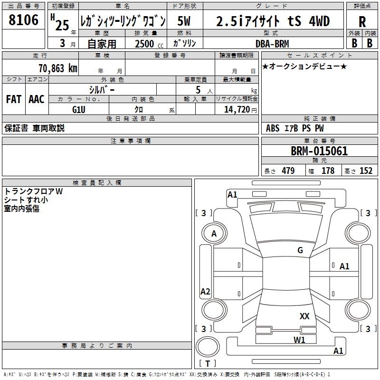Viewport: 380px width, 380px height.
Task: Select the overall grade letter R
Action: [362, 22]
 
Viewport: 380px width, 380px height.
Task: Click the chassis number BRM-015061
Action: [319, 152]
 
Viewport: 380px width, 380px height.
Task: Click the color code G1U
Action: [78, 109]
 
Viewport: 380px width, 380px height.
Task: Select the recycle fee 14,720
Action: [236, 110]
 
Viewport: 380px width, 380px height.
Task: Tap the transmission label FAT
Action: [14, 99]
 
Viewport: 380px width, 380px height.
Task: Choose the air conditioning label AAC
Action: [37, 99]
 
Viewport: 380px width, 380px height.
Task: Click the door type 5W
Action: [185, 21]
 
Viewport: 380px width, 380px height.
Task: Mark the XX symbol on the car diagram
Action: [304, 316]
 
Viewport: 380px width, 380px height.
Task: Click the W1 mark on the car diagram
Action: [299, 340]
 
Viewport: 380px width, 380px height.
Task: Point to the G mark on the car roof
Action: [300, 250]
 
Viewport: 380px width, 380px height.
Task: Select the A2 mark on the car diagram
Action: [205, 292]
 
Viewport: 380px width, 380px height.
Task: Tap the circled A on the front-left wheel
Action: [214, 234]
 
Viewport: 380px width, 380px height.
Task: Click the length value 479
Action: [287, 171]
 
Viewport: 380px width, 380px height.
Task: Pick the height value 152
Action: [366, 171]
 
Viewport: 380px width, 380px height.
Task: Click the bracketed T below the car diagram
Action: [208, 364]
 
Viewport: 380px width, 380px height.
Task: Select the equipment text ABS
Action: [273, 128]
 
